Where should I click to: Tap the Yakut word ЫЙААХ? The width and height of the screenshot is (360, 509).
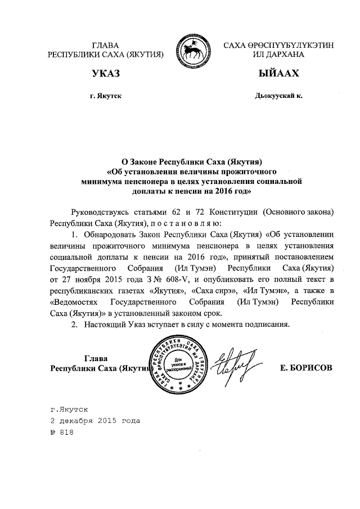pyautogui.click(x=278, y=74)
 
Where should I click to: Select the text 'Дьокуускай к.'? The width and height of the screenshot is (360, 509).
pyautogui.click(x=278, y=96)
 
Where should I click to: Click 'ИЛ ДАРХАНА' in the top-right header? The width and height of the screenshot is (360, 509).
pyautogui.click(x=278, y=55)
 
